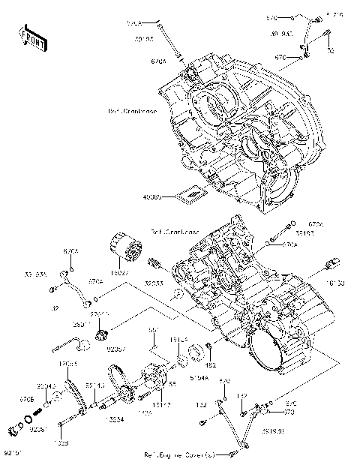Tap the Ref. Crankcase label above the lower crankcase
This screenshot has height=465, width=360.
coord(173,232)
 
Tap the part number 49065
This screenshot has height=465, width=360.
coord(152,196)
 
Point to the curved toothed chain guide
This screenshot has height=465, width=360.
coord(72,391)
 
